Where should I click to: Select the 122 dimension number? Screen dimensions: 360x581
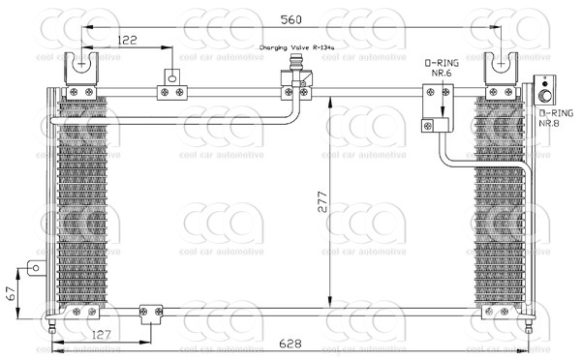(x=127, y=41)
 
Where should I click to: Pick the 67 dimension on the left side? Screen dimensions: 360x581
(x=11, y=292)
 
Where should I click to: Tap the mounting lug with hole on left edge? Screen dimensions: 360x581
(x=35, y=268)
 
